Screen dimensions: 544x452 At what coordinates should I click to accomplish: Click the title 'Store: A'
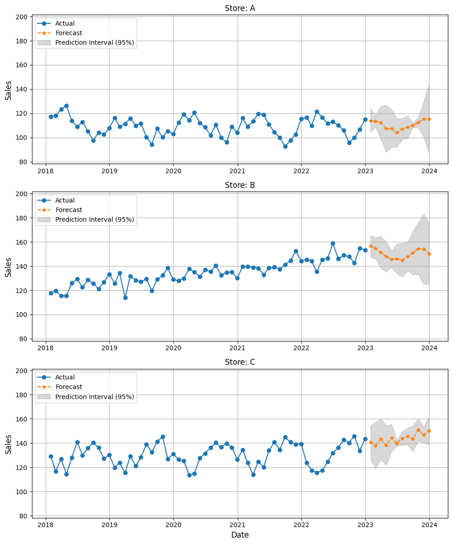click(x=239, y=8)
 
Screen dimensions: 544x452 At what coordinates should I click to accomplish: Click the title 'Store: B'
click(x=239, y=185)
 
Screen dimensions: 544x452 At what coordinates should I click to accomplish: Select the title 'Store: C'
click(x=239, y=362)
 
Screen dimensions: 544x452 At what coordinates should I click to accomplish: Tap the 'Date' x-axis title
click(x=239, y=535)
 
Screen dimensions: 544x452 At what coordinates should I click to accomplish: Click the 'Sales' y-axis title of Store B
click(x=8, y=267)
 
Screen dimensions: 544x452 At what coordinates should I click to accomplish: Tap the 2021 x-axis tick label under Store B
click(x=237, y=348)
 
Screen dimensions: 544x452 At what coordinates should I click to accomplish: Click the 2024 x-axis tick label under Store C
click(x=429, y=525)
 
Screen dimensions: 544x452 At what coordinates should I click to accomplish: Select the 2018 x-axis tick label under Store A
click(x=46, y=171)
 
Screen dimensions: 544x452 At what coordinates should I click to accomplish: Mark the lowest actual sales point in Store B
click(x=125, y=298)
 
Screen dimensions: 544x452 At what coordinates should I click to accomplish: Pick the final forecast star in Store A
click(x=429, y=119)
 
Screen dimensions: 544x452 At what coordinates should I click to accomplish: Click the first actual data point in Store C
click(x=51, y=456)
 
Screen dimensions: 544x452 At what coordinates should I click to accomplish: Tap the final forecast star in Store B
click(x=429, y=254)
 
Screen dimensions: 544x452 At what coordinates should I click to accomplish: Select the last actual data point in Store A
click(x=365, y=119)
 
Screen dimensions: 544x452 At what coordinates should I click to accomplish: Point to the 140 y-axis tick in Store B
click(x=24, y=267)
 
